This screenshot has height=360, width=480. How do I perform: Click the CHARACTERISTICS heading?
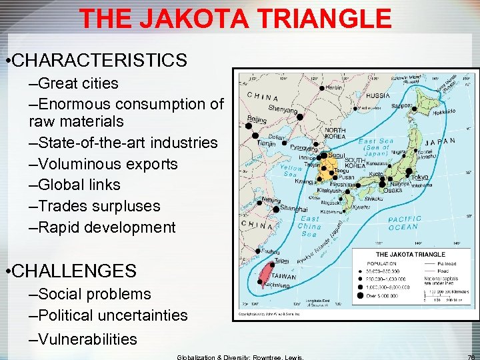click(x=99, y=61)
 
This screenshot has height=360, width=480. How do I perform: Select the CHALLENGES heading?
click(x=74, y=271)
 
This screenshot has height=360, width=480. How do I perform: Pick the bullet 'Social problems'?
click(x=90, y=294)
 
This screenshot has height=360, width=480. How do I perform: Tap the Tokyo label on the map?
click(x=420, y=177)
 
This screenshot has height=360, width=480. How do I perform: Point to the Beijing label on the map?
click(x=257, y=119)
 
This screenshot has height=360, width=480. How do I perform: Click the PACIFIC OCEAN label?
click(x=405, y=223)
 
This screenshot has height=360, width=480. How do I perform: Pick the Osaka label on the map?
click(x=393, y=190)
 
